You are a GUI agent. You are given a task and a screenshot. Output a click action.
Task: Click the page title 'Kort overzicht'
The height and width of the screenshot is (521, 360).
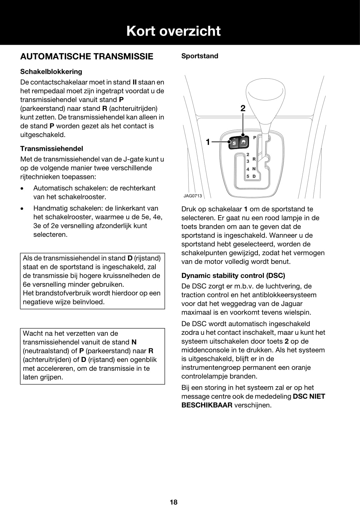coord(173,31)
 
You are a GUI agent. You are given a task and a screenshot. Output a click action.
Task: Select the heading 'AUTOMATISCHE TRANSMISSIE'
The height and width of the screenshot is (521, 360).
coord(87,56)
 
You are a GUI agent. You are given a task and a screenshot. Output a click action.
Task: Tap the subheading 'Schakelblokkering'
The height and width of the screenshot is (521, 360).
coord(51,72)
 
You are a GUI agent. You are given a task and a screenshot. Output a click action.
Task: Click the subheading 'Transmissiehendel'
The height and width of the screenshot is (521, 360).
coord(52,148)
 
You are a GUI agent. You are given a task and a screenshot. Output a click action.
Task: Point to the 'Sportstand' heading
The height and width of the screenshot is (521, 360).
coord(200,56)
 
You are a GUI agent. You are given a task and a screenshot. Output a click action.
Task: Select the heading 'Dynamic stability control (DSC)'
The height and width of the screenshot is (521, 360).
coord(233,276)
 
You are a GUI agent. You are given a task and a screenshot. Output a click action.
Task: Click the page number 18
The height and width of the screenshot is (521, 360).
coord(174,502)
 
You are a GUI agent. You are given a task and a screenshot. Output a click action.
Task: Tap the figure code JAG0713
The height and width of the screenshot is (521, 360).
coord(193,196)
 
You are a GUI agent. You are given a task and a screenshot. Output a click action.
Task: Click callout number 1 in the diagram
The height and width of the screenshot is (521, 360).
coord(208,142)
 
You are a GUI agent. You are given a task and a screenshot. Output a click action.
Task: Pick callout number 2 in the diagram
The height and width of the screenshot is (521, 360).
coord(243,108)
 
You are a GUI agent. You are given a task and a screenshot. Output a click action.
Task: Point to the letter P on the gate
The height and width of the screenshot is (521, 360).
coord(255,138)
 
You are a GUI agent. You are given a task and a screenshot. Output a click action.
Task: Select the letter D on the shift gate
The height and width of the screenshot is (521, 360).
coord(254,176)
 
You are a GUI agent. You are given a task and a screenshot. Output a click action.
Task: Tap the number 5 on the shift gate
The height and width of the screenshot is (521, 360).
coord(248,176)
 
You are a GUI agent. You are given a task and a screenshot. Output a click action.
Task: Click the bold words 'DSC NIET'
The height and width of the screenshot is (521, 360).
coord(309,396)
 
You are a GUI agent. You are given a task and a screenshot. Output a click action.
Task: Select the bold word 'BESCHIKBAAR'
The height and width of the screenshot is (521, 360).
coord(207,405)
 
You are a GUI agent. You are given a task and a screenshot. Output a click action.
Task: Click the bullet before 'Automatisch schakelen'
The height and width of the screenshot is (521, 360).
coord(21,189)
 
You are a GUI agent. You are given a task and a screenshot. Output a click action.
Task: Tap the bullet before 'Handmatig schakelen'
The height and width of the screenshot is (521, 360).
coord(21,209)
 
